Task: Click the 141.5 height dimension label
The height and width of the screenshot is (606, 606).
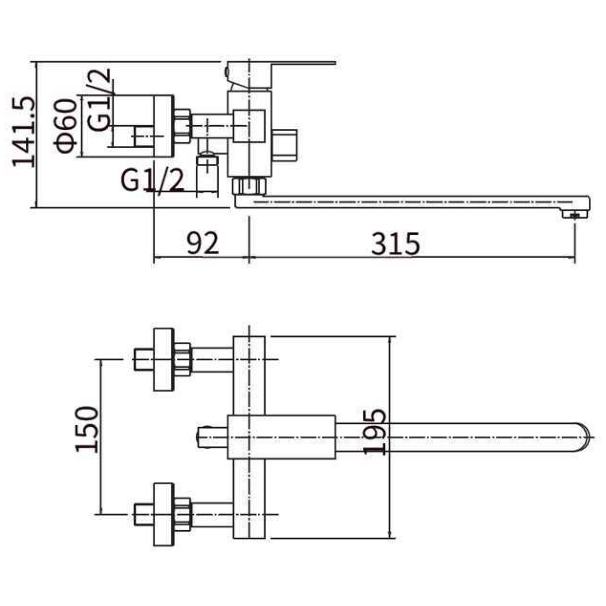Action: click(24, 132)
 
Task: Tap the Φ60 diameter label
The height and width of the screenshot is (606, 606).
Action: click(66, 126)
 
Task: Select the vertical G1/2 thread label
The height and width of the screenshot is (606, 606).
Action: click(99, 99)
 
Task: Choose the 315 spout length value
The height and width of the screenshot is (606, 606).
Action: click(395, 243)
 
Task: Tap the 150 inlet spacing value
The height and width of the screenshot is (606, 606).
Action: click(87, 429)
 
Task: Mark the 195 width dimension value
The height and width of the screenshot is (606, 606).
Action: click(375, 431)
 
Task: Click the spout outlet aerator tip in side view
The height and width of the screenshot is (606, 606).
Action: click(575, 215)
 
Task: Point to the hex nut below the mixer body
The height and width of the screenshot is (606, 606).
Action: click(249, 186)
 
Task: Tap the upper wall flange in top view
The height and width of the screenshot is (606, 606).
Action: click(164, 360)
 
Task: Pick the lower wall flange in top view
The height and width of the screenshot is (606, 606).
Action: click(164, 515)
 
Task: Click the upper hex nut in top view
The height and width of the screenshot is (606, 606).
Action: click(182, 360)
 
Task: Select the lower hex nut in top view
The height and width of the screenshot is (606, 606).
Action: click(182, 515)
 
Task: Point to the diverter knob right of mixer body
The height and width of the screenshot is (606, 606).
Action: click(285, 145)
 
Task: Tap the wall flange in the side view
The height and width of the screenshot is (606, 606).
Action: click(164, 126)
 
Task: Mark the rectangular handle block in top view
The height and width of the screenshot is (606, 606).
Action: click(281, 437)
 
